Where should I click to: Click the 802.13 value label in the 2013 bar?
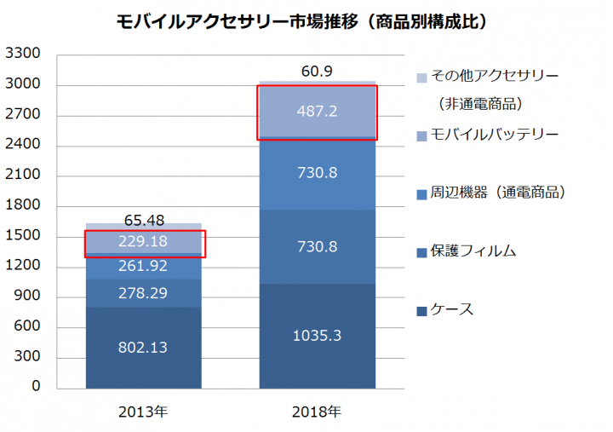(x=144, y=347)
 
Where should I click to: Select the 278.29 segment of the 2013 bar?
(x=144, y=294)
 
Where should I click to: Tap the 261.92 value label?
(x=144, y=266)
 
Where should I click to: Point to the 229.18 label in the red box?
(x=144, y=242)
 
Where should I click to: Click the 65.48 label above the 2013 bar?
(x=144, y=220)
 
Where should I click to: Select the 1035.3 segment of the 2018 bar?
(x=317, y=336)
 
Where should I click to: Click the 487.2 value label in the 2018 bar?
(x=317, y=112)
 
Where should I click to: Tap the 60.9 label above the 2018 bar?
(x=317, y=71)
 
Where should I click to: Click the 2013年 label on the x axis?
(x=143, y=412)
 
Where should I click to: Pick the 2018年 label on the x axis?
(x=317, y=412)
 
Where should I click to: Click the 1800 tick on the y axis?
(x=23, y=206)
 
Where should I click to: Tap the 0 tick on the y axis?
(x=37, y=388)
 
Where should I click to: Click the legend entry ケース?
(x=450, y=308)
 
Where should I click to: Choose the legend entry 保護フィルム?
(x=473, y=251)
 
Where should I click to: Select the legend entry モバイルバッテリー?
(x=493, y=135)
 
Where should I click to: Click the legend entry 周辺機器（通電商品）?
(x=497, y=193)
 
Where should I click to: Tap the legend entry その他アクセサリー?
(x=493, y=77)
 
